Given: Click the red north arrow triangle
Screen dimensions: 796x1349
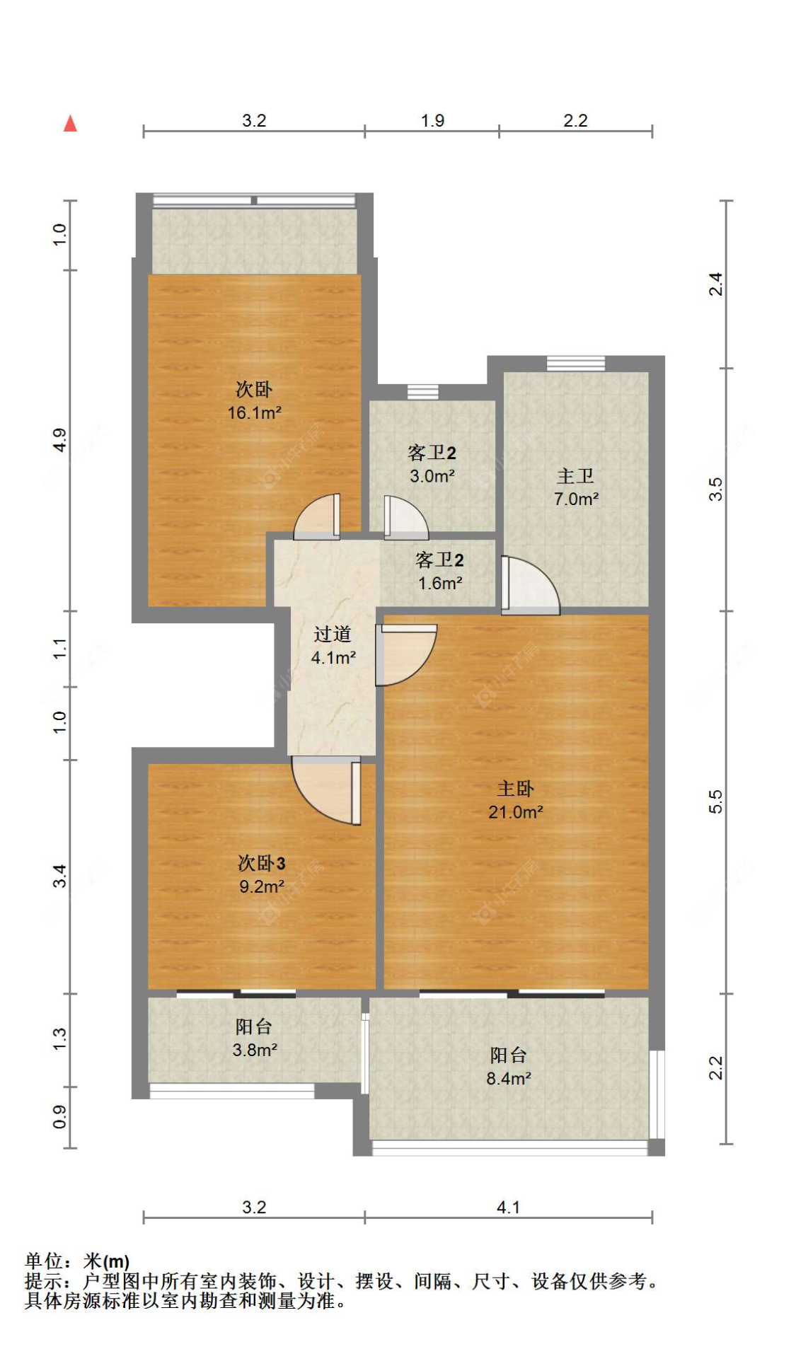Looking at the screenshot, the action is point(70,124).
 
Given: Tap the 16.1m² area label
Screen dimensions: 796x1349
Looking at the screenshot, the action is point(255,413).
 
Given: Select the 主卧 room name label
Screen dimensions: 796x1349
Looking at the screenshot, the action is point(515,788).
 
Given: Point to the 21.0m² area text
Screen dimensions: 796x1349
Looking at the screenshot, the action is point(516,812).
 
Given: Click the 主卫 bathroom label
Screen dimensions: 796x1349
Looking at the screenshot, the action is point(575,476).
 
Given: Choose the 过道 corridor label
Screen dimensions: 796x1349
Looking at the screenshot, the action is point(333,634).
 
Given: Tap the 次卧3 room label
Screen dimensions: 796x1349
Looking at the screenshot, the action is point(262,863).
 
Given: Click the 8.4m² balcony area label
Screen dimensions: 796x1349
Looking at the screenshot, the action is point(509,1079).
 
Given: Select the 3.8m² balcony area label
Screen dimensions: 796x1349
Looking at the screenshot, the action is point(255,1050).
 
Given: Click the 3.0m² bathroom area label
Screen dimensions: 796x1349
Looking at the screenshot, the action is point(432,477).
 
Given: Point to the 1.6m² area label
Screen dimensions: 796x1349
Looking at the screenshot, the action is point(440,584).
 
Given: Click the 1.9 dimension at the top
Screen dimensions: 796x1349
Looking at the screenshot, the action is point(432,121).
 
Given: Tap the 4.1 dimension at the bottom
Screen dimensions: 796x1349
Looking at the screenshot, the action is point(509,1208).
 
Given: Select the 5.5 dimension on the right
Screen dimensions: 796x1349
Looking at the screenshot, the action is point(715,801).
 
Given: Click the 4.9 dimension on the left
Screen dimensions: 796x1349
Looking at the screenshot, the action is point(60,440).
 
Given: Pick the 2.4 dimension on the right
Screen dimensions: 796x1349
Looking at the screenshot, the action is point(715,284).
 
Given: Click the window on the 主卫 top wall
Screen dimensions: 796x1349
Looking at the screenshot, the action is point(576,364).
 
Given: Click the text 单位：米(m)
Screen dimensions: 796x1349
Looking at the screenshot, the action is point(77,1261).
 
